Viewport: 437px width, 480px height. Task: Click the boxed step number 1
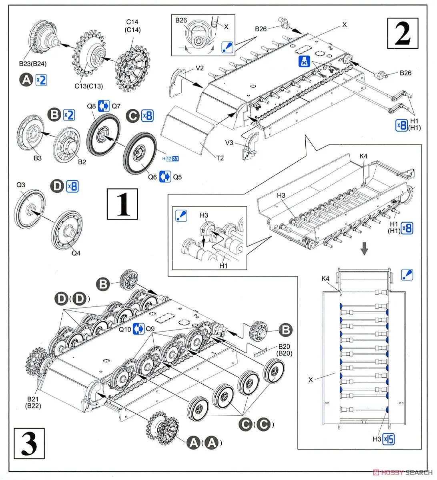pos(123,204)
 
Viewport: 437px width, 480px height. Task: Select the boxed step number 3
pos(29,443)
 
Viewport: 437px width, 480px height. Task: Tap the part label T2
pos(220,158)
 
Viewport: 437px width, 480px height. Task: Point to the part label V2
pos(200,68)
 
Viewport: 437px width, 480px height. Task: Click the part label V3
pos(229,143)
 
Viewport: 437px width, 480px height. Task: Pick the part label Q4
pos(76,253)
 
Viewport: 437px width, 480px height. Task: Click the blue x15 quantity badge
pos(389,439)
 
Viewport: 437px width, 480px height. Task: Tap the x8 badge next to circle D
pos(72,186)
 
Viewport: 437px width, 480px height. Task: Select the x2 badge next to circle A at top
pos(41,80)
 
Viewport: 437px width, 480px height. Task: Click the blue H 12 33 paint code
pos(170,159)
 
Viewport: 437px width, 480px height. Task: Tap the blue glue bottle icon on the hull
pos(304,62)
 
